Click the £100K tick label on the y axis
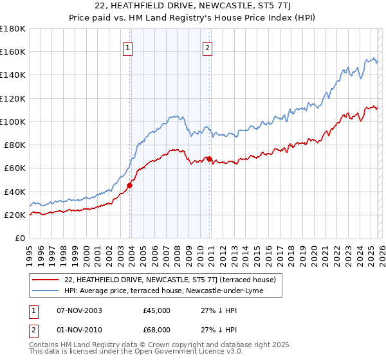click(x=13, y=122)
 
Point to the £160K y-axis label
click(x=13, y=51)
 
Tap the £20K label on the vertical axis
click(x=15, y=215)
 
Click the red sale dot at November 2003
click(x=129, y=186)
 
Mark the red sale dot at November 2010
click(x=209, y=159)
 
